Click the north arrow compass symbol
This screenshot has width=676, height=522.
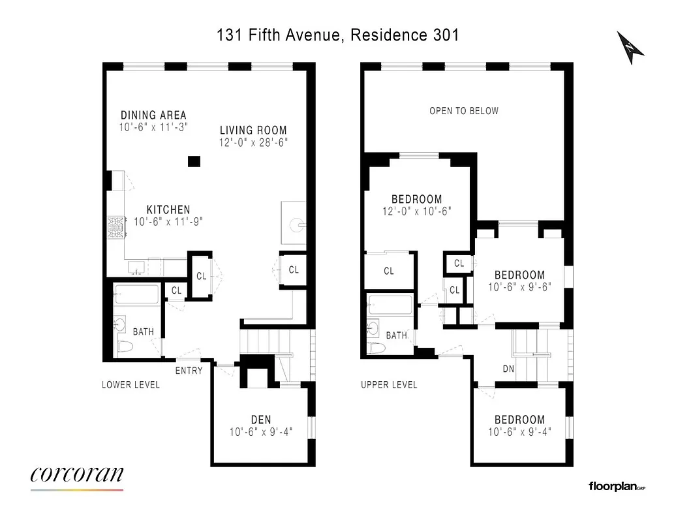pyautogui.click(x=630, y=47)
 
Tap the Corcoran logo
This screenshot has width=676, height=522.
pyautogui.click(x=76, y=475)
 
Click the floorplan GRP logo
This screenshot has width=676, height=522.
pyautogui.click(x=616, y=485)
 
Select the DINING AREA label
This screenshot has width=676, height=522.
pyautogui.click(x=153, y=115)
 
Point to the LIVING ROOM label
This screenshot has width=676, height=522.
pyautogui.click(x=253, y=130)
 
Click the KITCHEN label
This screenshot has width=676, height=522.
pyautogui.click(x=168, y=209)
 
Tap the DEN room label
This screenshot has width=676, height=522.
pyautogui.click(x=261, y=420)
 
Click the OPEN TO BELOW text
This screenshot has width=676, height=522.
pyautogui.click(x=463, y=111)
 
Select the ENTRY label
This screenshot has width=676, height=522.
pyautogui.click(x=189, y=371)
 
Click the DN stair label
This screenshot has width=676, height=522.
pyautogui.click(x=509, y=369)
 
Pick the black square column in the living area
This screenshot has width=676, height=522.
pyautogui.click(x=194, y=161)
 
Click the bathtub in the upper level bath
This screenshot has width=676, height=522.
pyautogui.click(x=390, y=305)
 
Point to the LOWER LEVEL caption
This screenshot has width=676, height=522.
pyautogui.click(x=131, y=385)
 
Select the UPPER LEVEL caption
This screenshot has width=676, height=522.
pyautogui.click(x=389, y=385)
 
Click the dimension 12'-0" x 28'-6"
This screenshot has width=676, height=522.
pyautogui.click(x=253, y=142)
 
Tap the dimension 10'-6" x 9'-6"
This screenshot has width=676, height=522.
pyautogui.click(x=519, y=286)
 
